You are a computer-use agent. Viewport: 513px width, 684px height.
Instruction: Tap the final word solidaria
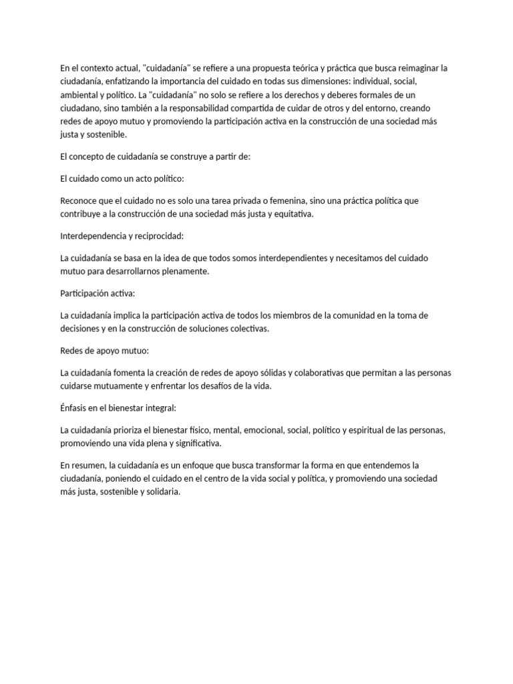click(162, 492)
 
